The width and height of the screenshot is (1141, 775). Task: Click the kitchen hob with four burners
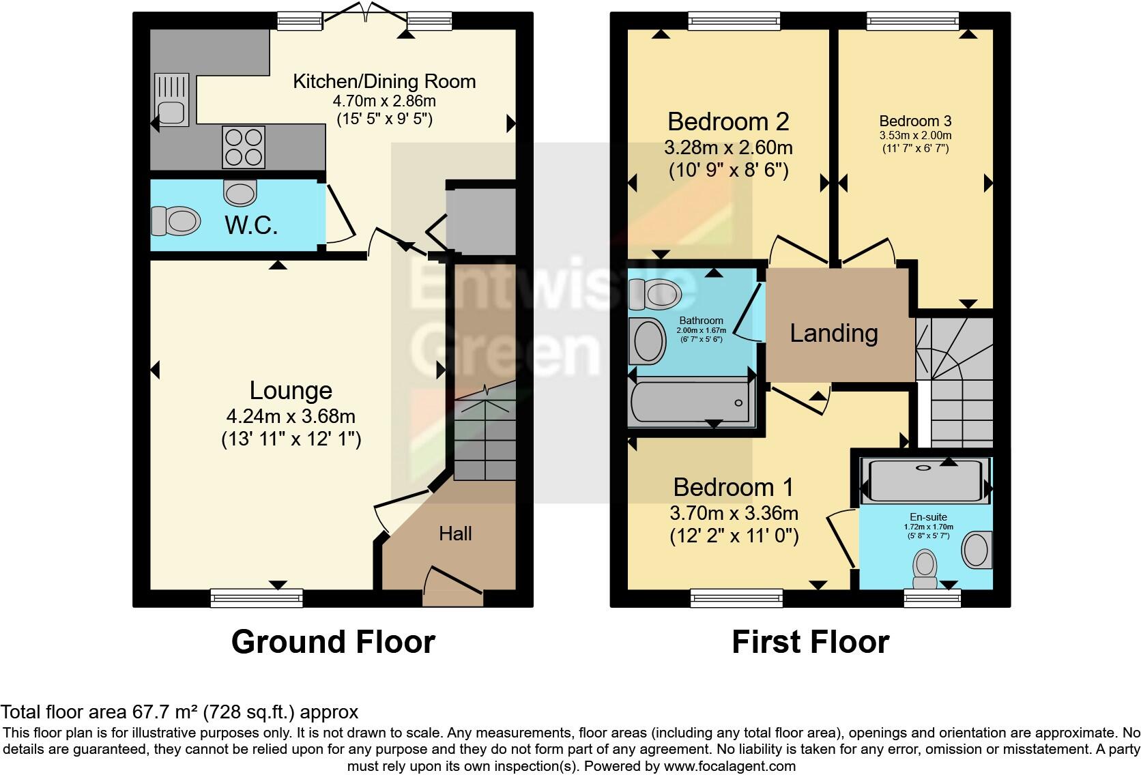[243, 147]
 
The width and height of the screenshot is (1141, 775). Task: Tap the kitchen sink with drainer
[170, 100]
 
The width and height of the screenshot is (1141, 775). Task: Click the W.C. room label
[251, 224]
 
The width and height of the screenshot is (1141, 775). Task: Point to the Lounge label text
[291, 390]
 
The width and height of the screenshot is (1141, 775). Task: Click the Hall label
[455, 533]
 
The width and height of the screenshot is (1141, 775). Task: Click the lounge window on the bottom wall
[257, 598]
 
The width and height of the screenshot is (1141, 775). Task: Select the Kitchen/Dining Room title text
[384, 81]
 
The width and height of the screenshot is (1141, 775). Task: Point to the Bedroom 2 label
[728, 121]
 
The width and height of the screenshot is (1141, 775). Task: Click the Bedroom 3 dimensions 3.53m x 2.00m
[914, 136]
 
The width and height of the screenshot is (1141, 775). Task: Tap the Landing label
[834, 333]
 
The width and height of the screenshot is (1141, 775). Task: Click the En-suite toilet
[925, 570]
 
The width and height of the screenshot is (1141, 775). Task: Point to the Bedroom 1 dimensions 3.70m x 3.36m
[734, 513]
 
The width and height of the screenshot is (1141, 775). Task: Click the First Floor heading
[810, 642]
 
